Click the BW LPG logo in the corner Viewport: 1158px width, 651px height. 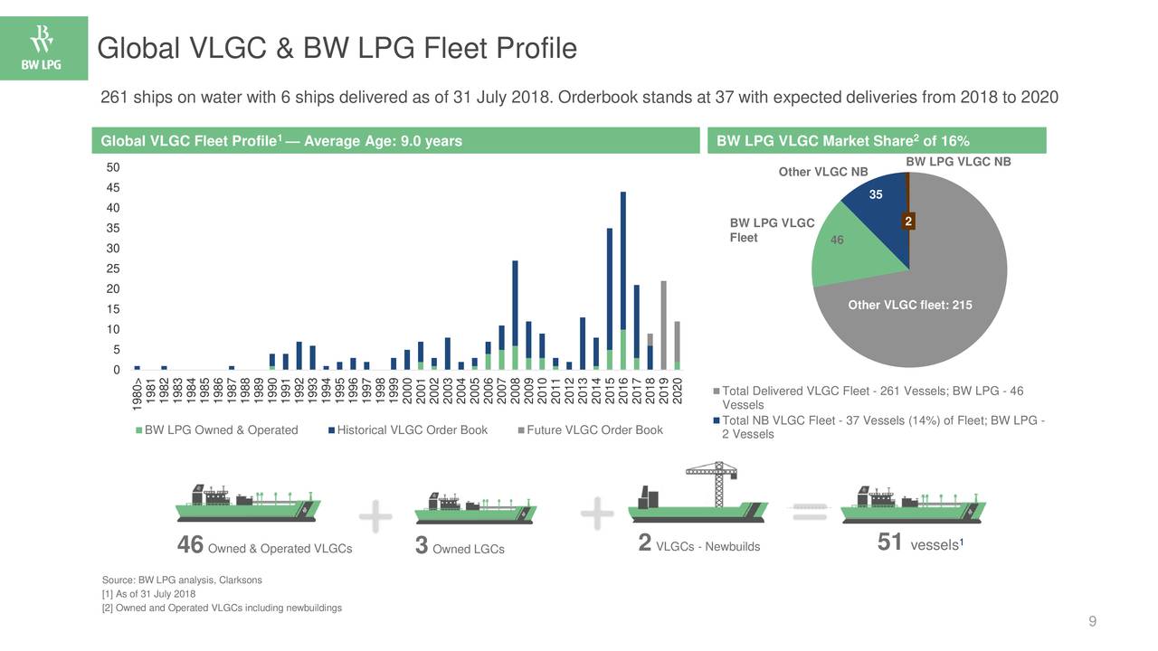43,48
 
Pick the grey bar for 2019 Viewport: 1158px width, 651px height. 664,325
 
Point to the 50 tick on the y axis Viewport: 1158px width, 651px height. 113,168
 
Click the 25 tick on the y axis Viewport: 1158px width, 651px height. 113,269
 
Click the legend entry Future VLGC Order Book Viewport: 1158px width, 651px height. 594,430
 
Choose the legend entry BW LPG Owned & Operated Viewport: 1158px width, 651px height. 222,430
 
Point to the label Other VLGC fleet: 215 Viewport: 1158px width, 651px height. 909,306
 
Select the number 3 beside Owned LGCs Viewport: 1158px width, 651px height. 421,545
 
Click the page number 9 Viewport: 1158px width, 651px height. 1093,620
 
